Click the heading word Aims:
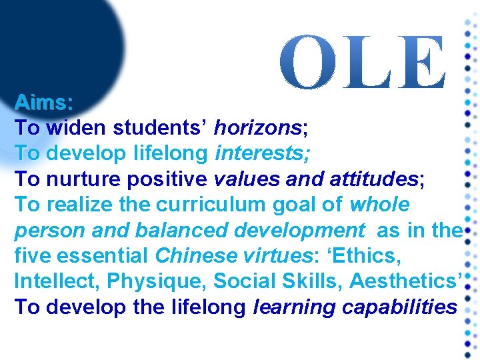[44, 103]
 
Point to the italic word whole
[379, 204]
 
